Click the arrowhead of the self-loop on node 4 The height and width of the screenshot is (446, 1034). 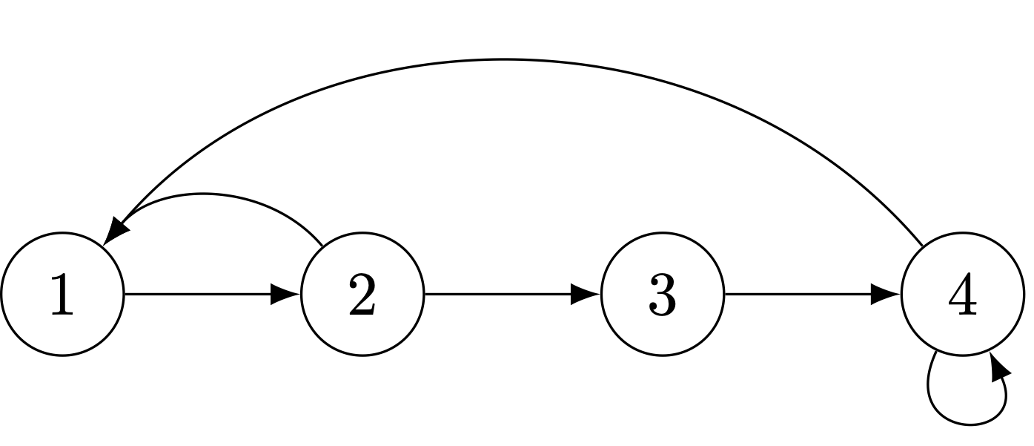point(999,367)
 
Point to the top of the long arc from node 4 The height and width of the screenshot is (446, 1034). point(506,59)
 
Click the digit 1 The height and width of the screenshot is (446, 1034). point(62,295)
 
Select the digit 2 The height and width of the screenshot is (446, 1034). point(362,295)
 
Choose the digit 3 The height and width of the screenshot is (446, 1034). point(663,295)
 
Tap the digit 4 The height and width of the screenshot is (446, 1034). point(962,295)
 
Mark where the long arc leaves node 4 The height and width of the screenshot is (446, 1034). point(922,246)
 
